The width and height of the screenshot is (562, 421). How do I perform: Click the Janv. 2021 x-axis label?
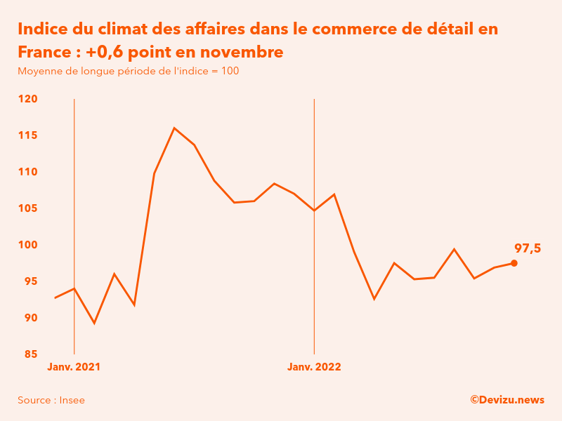pyautogui.click(x=74, y=367)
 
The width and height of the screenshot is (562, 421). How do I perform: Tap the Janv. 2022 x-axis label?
pyautogui.click(x=314, y=367)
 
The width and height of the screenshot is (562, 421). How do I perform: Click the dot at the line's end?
pyautogui.click(x=514, y=263)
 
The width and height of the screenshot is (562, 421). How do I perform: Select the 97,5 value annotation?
pyautogui.click(x=528, y=248)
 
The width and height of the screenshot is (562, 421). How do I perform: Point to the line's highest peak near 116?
pyautogui.click(x=174, y=128)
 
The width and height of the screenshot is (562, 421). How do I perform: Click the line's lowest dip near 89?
pyautogui.click(x=94, y=323)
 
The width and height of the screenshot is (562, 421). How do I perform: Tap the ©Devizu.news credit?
pyautogui.click(x=507, y=400)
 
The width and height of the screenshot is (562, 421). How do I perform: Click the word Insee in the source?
pyautogui.click(x=72, y=400)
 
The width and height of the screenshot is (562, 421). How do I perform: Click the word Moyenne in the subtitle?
pyautogui.click(x=39, y=71)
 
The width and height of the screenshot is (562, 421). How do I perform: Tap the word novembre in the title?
pyautogui.click(x=243, y=52)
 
